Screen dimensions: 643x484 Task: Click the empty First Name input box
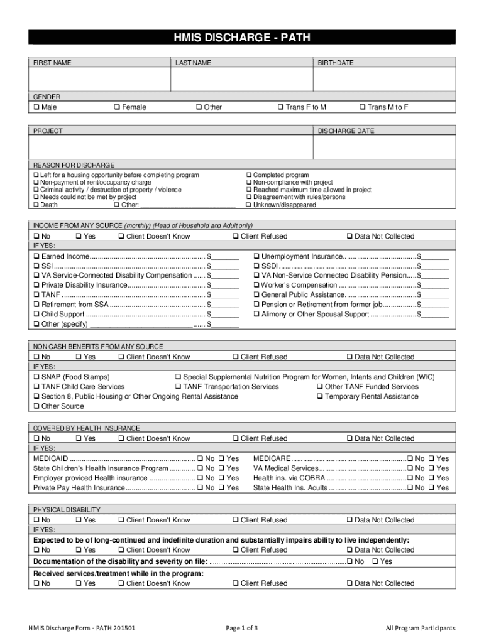pos(99,80)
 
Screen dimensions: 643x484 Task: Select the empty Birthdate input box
pos(384,80)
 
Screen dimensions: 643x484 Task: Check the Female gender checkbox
pos(118,107)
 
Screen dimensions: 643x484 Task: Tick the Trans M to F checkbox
pos(363,107)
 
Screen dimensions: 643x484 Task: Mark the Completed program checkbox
pos(249,175)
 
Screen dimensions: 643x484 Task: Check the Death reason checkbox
pos(36,205)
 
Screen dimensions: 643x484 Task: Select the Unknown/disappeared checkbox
pos(249,205)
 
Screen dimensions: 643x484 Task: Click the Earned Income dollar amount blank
pos(226,257)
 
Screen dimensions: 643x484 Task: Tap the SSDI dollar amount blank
pos(436,266)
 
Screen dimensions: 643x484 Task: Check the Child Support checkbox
pos(36,314)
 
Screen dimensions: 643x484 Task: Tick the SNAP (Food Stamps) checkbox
pos(36,377)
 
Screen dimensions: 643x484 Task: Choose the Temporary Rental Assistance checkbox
pos(321,397)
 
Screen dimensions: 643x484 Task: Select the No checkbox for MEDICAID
pos(201,459)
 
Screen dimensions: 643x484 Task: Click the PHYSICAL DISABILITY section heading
pos(67,510)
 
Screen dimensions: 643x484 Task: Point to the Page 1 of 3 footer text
pos(241,628)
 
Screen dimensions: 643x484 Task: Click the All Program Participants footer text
pos(421,628)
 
